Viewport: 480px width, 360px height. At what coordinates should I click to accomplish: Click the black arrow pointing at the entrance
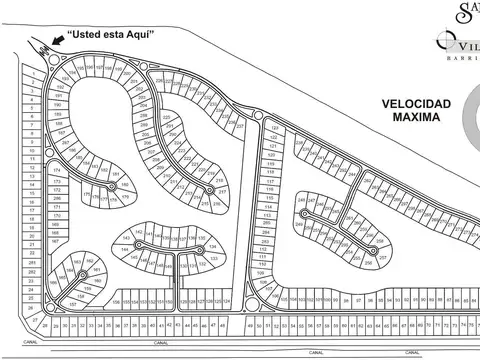point(63,39)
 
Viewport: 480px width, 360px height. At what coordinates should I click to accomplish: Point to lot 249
point(300,201)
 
